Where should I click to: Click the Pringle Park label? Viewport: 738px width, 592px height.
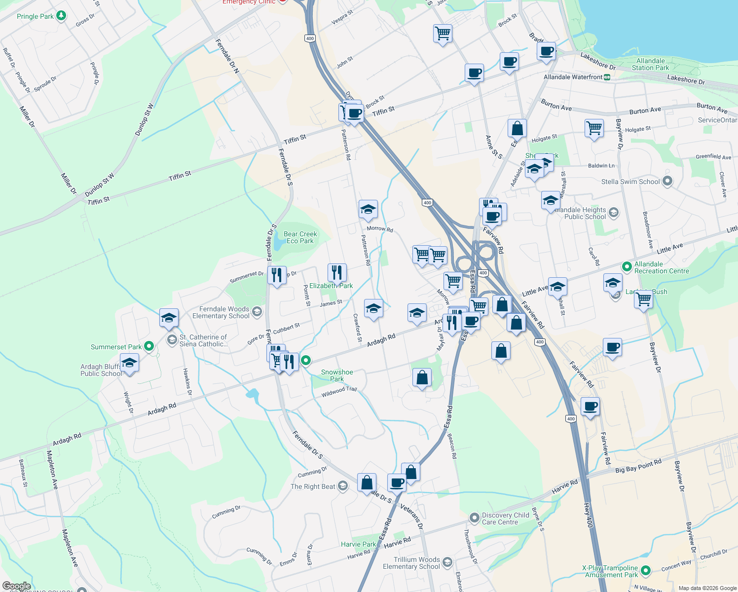[x=35, y=16]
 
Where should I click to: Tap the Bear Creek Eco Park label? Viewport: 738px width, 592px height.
[x=300, y=237]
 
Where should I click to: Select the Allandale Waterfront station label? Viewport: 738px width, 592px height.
[x=573, y=77]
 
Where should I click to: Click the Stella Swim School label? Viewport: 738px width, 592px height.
[x=630, y=182]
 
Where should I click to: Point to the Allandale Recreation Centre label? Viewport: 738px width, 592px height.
[x=661, y=267]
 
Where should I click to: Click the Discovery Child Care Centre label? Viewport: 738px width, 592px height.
[x=505, y=518]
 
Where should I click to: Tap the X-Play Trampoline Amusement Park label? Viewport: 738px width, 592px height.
[x=610, y=571]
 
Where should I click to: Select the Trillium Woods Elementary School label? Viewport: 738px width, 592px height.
[x=411, y=563]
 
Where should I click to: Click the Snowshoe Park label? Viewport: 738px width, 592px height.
[x=337, y=375]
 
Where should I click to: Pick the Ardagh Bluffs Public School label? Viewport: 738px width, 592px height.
[x=101, y=370]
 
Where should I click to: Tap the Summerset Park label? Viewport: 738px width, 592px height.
[x=116, y=347]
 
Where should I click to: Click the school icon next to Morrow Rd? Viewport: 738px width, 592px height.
[x=368, y=210]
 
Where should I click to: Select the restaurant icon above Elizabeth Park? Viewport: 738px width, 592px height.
[x=337, y=272]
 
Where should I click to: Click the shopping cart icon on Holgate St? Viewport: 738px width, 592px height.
[x=594, y=128]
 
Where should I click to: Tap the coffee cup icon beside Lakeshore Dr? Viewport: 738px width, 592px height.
[x=546, y=51]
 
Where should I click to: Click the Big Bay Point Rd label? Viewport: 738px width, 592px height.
[x=638, y=466]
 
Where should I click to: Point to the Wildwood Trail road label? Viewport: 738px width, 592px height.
[x=339, y=392]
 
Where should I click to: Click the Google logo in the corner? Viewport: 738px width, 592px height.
[x=16, y=586]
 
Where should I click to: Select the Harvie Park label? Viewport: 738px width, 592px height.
[x=358, y=544]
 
